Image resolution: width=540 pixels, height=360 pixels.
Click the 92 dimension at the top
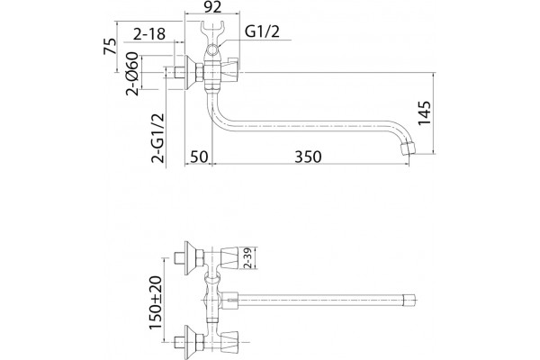click(212, 7)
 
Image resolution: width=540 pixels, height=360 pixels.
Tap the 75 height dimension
click(110, 46)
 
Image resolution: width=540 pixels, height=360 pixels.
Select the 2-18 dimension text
click(149, 34)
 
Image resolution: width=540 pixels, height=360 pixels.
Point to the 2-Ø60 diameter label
click(132, 74)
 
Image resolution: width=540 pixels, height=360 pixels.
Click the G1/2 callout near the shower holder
click(262, 31)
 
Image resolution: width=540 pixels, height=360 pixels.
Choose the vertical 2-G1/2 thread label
click(157, 138)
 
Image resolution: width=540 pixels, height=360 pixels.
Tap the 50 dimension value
click(199, 157)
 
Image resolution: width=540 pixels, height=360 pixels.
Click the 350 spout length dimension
click(308, 157)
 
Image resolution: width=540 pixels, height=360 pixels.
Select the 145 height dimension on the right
click(424, 113)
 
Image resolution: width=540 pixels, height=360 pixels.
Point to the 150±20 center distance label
click(156, 302)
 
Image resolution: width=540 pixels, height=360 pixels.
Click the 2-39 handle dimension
click(248, 257)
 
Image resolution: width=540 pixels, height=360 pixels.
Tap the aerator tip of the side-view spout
click(408, 148)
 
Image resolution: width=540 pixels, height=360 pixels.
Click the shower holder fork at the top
click(212, 30)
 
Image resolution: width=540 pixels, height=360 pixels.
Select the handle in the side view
click(229, 72)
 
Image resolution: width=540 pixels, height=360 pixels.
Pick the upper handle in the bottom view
click(229, 257)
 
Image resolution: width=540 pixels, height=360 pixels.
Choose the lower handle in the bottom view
click(229, 342)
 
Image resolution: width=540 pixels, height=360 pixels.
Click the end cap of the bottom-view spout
click(409, 300)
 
